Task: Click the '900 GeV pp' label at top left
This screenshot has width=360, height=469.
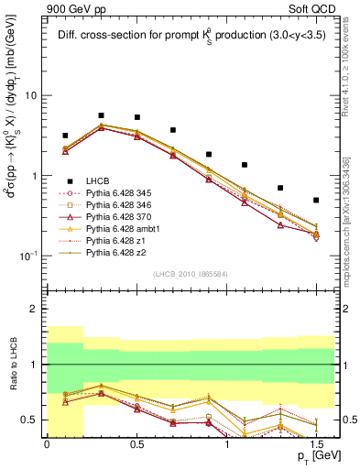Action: tap(73, 8)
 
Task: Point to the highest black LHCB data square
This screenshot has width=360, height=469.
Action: tap(101, 115)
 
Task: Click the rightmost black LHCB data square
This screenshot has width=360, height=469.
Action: tap(316, 200)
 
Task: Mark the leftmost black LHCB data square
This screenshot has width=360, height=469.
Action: tap(65, 136)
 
